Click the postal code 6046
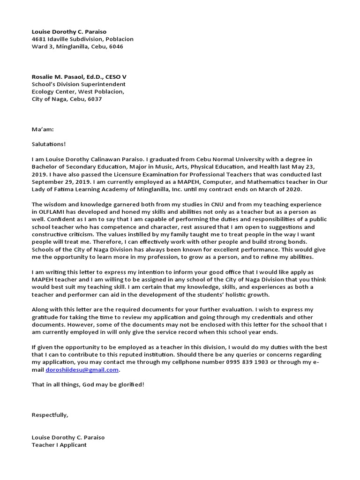point(116,47)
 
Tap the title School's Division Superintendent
point(78,84)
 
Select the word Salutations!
point(49,144)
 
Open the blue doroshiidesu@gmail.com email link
point(82,370)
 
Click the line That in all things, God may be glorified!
point(88,385)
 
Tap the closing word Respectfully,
point(50,415)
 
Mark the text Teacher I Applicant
point(59,445)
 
